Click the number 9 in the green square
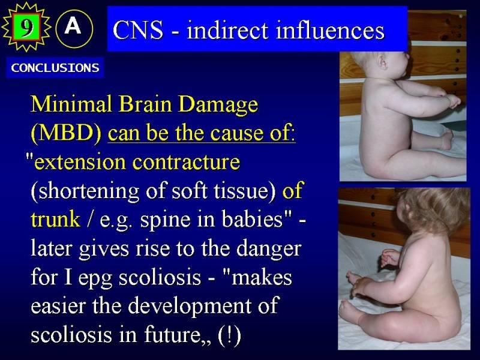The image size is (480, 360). point(26,27)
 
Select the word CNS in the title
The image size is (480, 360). point(138,30)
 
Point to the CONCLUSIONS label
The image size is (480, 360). point(55,68)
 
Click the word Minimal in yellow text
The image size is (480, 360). point(71,104)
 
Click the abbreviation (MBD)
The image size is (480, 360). point(66,133)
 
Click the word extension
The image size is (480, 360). point(80,161)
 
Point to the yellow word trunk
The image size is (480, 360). point(55,219)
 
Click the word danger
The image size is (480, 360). point(269,249)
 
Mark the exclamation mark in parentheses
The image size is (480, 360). point(229,334)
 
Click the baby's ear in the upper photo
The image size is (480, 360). point(382,61)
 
